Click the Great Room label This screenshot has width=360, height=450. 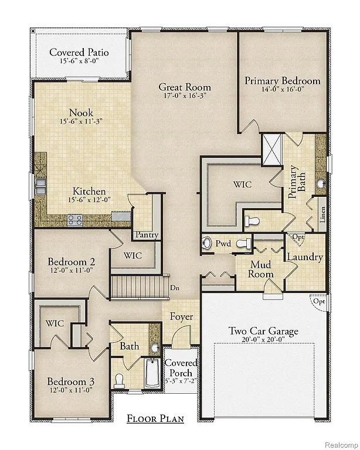185,87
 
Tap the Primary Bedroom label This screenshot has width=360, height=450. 283,81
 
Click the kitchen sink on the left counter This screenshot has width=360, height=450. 41,186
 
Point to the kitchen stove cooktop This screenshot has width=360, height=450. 75,220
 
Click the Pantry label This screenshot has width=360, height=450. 147,235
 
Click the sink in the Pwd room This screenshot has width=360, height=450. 206,243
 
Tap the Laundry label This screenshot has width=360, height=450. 304,257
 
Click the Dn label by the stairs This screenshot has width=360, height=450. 174,288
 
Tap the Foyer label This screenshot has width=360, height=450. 181,317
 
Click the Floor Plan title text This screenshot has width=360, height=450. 155,418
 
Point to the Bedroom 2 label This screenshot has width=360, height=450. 72,261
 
